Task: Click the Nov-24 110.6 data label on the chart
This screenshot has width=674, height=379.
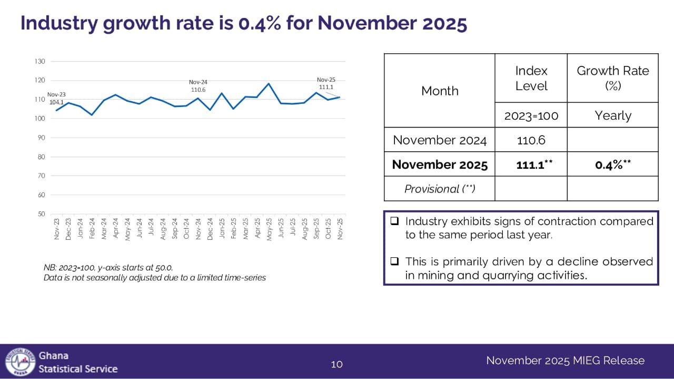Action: point(198,86)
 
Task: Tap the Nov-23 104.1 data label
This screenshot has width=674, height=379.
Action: point(56,98)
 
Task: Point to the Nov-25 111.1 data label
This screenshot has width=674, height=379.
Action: point(326,83)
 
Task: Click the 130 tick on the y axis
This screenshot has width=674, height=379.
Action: point(40,62)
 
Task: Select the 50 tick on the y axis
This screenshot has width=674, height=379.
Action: point(41,214)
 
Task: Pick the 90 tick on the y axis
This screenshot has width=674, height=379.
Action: point(41,138)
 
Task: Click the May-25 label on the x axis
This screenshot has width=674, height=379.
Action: point(269,229)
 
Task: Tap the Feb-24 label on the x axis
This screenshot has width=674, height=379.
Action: point(92,229)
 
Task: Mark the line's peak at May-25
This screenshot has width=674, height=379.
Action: point(269,84)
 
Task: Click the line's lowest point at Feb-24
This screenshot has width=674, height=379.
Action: point(92,115)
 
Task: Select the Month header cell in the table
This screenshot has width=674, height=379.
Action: point(440,91)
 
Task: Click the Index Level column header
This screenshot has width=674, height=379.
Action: point(531,78)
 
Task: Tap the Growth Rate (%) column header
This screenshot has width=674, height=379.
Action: point(613,78)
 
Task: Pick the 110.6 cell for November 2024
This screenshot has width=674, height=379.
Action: point(531,140)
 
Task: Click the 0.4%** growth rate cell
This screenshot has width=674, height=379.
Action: point(613,164)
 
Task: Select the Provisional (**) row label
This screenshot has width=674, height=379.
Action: point(440,189)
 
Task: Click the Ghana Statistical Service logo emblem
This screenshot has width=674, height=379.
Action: point(20,362)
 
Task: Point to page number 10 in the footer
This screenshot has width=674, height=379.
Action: point(336,364)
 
